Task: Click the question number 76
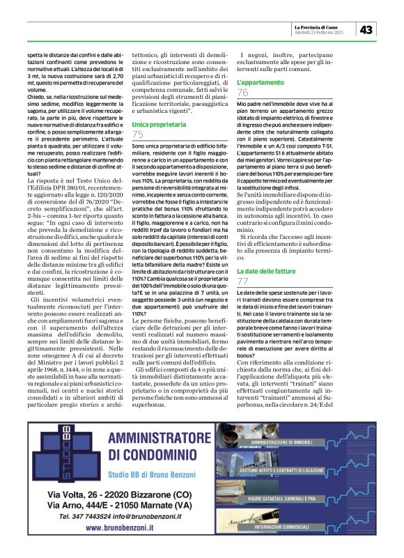[x=243, y=93]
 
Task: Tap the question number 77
[x=243, y=281]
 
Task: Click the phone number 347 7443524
[x=91, y=517]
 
